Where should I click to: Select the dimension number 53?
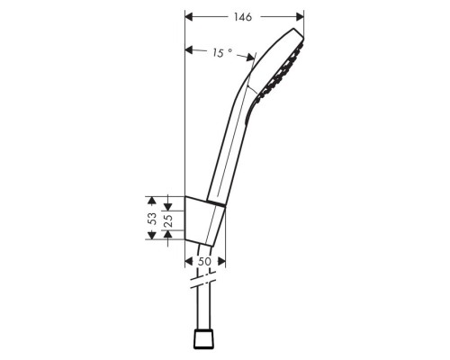pyautogui.click(x=153, y=218)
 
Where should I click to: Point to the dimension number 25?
pyautogui.click(x=167, y=219)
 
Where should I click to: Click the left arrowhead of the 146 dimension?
pyautogui.click(x=188, y=17)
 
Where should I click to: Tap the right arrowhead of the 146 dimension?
pyautogui.click(x=300, y=17)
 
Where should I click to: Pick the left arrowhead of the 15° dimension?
pyautogui.click(x=188, y=49)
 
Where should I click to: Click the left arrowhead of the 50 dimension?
pyautogui.click(x=187, y=260)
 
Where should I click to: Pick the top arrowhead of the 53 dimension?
pyautogui.click(x=154, y=197)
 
